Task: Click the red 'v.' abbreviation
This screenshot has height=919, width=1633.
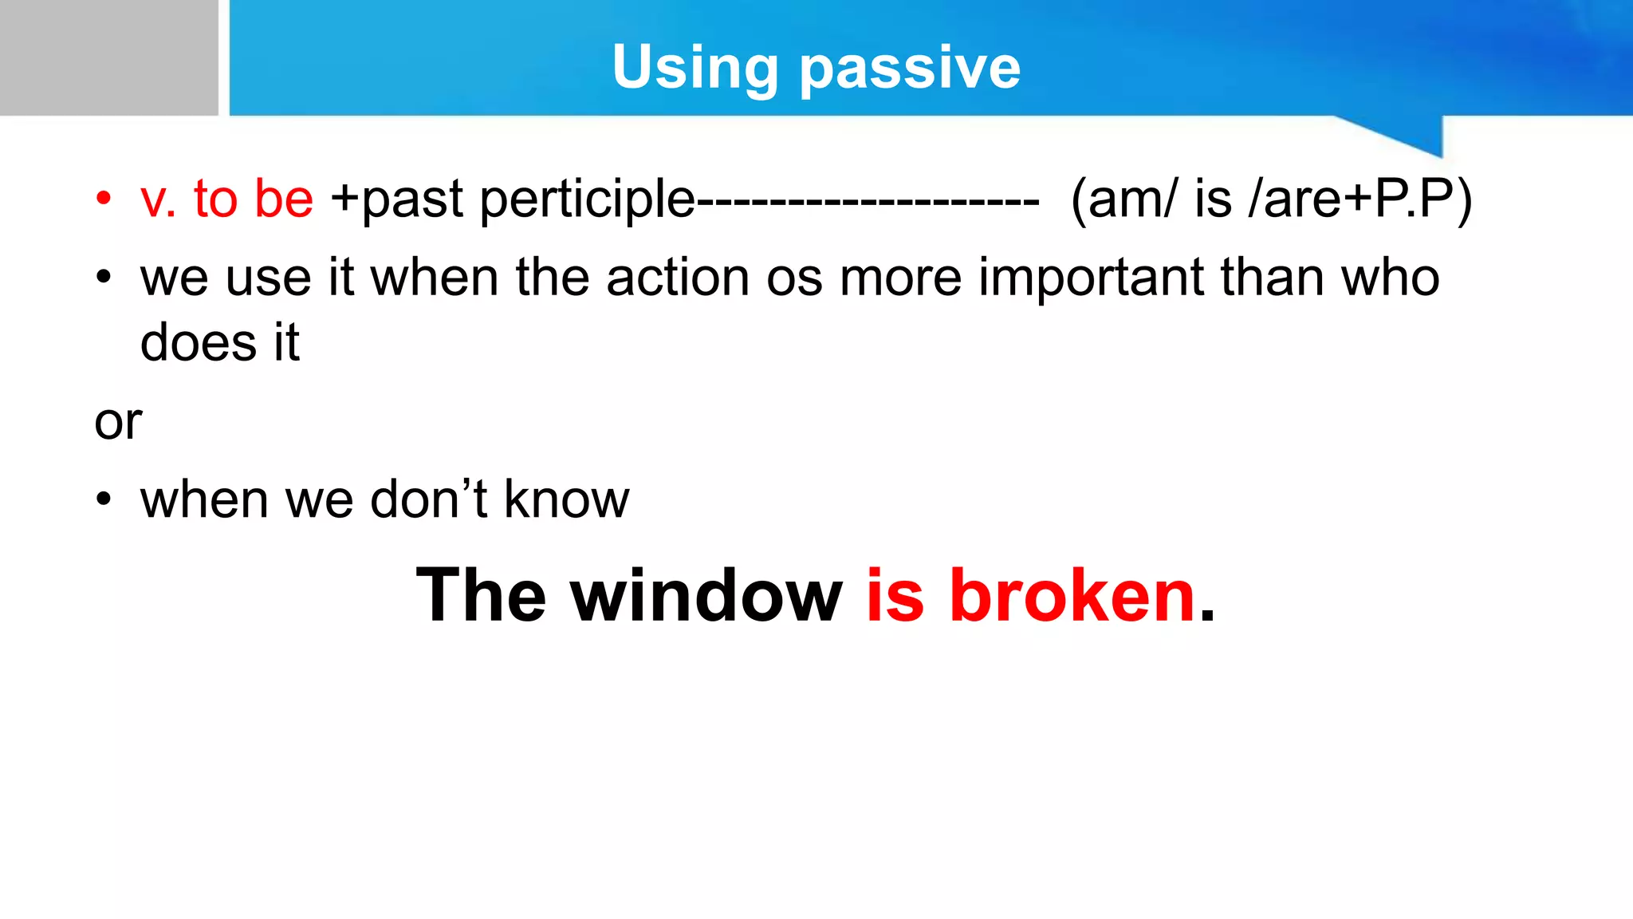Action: (x=158, y=199)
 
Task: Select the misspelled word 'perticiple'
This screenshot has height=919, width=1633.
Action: (x=588, y=199)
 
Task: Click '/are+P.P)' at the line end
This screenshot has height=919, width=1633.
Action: (x=1360, y=199)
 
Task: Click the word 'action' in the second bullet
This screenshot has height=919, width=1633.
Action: (x=678, y=278)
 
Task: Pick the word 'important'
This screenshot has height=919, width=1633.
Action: (x=1091, y=278)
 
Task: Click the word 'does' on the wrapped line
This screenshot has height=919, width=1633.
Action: (x=198, y=343)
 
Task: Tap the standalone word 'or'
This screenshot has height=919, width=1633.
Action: (x=118, y=422)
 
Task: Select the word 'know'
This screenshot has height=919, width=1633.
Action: (x=566, y=500)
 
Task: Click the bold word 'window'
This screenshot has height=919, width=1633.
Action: (x=706, y=596)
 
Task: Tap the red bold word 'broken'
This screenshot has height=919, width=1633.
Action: (x=1072, y=596)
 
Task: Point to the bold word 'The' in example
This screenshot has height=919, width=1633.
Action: (x=481, y=596)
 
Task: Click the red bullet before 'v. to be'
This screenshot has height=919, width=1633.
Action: (x=103, y=199)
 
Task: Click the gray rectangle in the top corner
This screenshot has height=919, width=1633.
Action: (x=108, y=57)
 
